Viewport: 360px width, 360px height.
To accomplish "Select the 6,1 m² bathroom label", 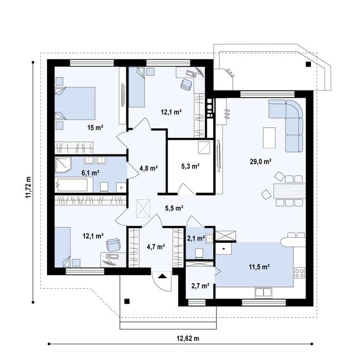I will tap(90, 172).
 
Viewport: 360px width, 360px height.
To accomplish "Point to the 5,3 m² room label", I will tap(190, 166).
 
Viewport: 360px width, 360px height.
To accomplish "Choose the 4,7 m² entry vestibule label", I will tap(156, 247).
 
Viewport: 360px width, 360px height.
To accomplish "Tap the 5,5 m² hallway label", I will tap(174, 208).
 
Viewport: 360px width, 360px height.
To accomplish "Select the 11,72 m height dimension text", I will tap(28, 188).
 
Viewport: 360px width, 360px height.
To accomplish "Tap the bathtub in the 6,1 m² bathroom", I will tap(73, 185).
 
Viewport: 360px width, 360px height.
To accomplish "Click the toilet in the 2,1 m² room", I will tap(199, 252).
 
